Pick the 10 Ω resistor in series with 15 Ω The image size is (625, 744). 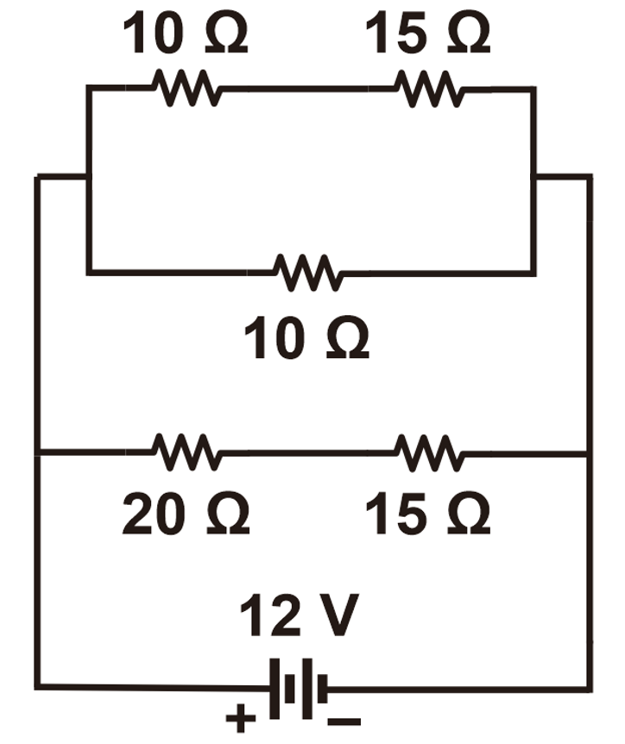[x=186, y=88]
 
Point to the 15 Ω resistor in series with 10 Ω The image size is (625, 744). [x=429, y=88]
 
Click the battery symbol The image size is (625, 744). [x=299, y=689]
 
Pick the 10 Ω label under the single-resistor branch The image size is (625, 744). [x=306, y=339]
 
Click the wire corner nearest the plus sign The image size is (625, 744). [x=37, y=688]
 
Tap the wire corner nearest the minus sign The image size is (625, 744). [x=589, y=689]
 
